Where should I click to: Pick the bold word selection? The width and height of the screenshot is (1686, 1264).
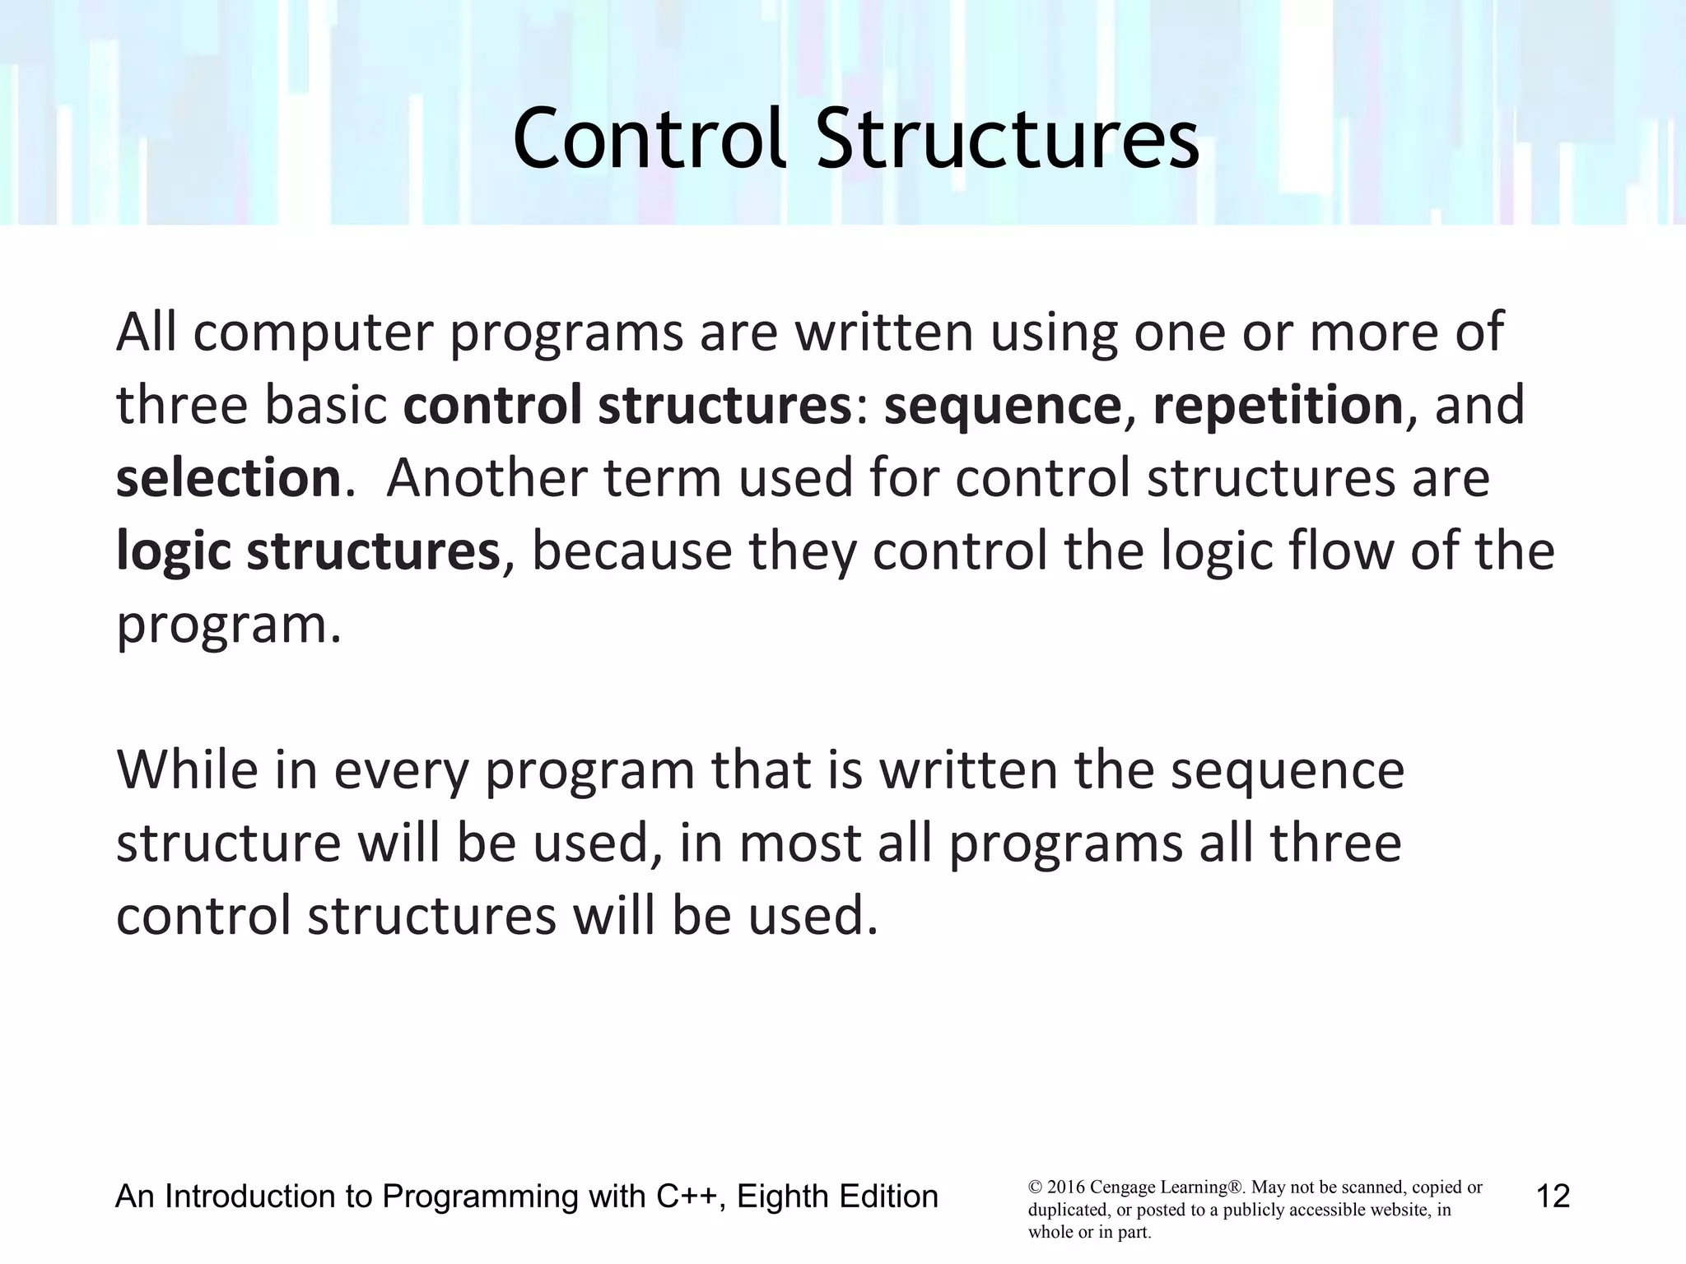[228, 478]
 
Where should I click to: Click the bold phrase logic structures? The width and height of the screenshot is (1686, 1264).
[308, 551]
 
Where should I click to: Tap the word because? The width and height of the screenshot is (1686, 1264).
[632, 551]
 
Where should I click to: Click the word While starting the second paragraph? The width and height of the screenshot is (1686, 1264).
[188, 770]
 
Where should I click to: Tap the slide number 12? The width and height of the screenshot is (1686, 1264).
[1553, 1196]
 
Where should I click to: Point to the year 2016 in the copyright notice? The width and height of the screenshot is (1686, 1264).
[1065, 1187]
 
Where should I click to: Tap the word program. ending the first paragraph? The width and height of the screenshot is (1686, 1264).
[228, 625]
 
